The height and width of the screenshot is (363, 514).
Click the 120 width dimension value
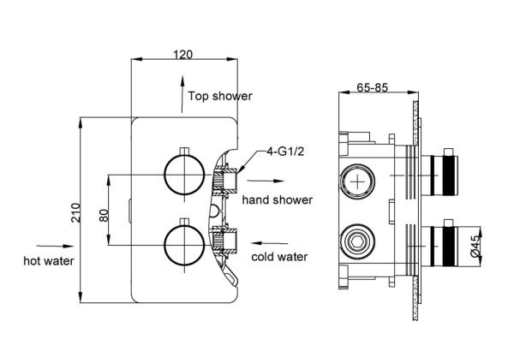(x=182, y=54)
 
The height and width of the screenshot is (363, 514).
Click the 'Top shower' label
(x=220, y=96)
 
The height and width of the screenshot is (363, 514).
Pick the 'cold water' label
(x=279, y=256)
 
